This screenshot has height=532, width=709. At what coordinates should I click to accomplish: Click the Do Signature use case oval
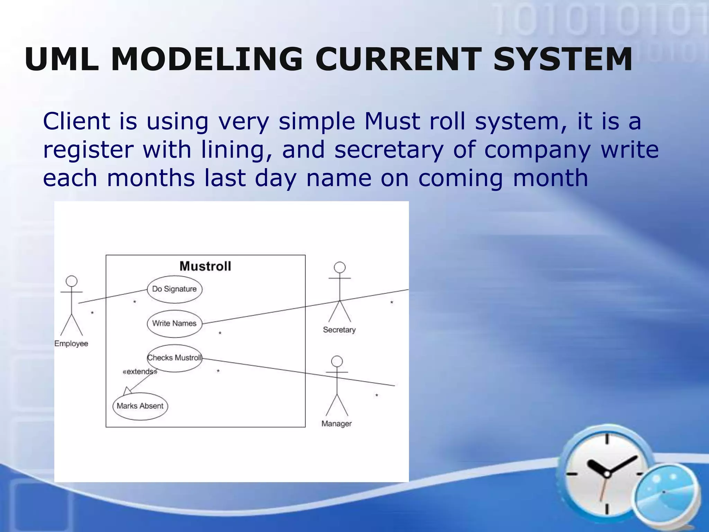click(x=174, y=289)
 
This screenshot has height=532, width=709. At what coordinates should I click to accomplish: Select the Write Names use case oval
click(x=174, y=323)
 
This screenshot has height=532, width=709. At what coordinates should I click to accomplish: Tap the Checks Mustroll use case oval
click(x=174, y=358)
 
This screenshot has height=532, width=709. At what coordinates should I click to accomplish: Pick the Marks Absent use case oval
click(x=140, y=406)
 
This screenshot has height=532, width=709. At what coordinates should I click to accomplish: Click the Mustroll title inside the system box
click(x=205, y=266)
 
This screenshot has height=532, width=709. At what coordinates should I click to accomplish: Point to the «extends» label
click(x=140, y=372)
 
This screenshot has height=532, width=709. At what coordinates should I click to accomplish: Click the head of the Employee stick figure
click(x=72, y=281)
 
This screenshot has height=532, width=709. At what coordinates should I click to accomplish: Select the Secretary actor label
click(x=339, y=330)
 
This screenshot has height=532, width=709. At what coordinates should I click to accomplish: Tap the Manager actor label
click(x=336, y=424)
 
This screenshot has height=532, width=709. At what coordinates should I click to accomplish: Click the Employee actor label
click(x=71, y=344)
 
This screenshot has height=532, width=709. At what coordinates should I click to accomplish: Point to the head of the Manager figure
click(x=337, y=362)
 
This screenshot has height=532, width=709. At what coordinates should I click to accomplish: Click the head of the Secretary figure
click(x=340, y=267)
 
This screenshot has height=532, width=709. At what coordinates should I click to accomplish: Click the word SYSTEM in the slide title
click(x=563, y=60)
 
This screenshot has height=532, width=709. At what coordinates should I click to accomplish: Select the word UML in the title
click(x=61, y=60)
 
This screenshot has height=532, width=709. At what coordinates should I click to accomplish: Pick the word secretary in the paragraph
click(x=389, y=150)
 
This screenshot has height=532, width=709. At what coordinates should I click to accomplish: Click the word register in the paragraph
click(x=88, y=150)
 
